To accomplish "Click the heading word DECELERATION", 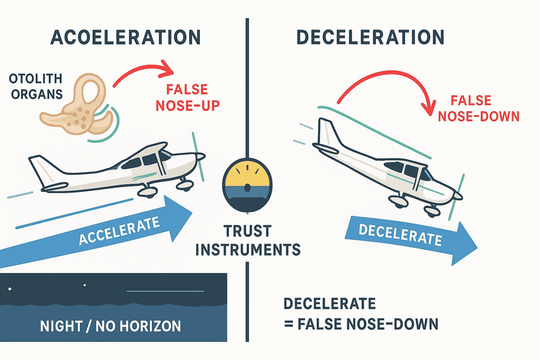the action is pyautogui.click(x=370, y=37).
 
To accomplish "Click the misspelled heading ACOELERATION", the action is pyautogui.click(x=125, y=37).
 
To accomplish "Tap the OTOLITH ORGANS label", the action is pyautogui.click(x=36, y=86).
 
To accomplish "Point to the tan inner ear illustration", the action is pyautogui.click(x=76, y=105).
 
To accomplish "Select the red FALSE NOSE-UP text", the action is pyautogui.click(x=188, y=97).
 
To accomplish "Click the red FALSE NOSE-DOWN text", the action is pyautogui.click(x=478, y=109).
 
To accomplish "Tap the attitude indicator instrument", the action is pyautogui.click(x=247, y=184).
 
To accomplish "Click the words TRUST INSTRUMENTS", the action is pyautogui.click(x=248, y=240).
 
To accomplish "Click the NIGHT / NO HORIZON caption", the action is pyautogui.click(x=110, y=326).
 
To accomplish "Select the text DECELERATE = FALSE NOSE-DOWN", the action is pyautogui.click(x=361, y=314).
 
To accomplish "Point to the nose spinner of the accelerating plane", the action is pyautogui.click(x=200, y=157).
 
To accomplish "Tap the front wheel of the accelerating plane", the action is pyautogui.click(x=184, y=186).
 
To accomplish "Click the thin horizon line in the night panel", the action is pyautogui.click(x=166, y=292).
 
